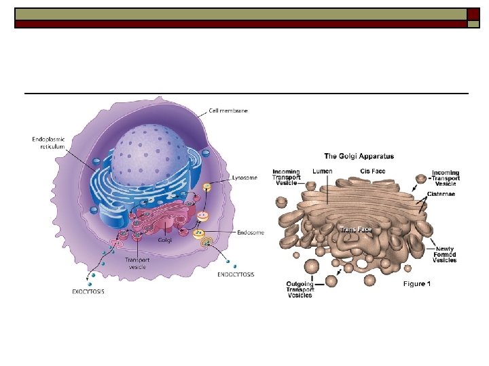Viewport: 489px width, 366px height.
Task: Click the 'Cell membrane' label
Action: coord(228,111)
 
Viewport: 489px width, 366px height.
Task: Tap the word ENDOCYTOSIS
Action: coord(236,274)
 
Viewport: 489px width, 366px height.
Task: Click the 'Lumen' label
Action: coord(323,171)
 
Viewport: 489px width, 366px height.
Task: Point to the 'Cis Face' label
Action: coord(373,171)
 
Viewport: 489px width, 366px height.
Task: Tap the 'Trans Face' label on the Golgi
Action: coord(356,230)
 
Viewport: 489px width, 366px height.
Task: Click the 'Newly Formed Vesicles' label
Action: coord(446,254)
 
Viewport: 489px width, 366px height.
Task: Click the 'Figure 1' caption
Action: coord(416,284)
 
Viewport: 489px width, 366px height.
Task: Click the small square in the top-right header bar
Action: coord(473,14)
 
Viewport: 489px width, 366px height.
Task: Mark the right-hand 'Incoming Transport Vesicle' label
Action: coord(446,178)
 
